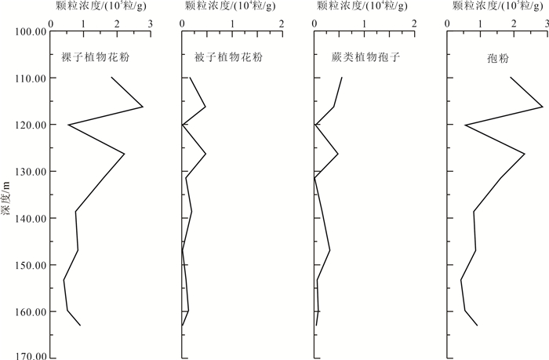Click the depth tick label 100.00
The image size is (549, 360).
28,32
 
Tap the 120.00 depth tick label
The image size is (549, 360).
28,125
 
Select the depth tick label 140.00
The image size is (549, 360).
28,219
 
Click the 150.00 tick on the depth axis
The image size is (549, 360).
28,265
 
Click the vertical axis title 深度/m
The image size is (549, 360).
7,195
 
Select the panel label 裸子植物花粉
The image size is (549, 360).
94,59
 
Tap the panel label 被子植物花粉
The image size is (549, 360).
228,59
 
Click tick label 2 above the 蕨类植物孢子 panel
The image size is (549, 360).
414,23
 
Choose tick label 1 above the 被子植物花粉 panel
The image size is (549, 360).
232,23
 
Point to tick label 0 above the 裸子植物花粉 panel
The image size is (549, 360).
51,23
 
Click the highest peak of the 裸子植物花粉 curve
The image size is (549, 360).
143,107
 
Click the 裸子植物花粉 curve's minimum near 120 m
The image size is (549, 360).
68,125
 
